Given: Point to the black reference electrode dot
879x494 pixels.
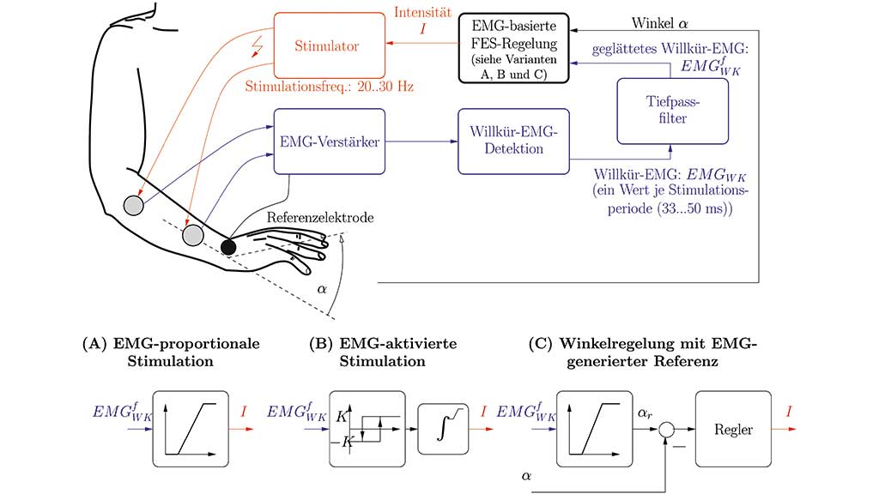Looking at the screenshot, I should [x=228, y=247].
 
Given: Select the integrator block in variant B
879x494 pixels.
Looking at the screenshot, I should [x=445, y=428].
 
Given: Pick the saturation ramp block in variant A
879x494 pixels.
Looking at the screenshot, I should [x=191, y=428].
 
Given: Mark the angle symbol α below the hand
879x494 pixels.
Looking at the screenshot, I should [x=324, y=290].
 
